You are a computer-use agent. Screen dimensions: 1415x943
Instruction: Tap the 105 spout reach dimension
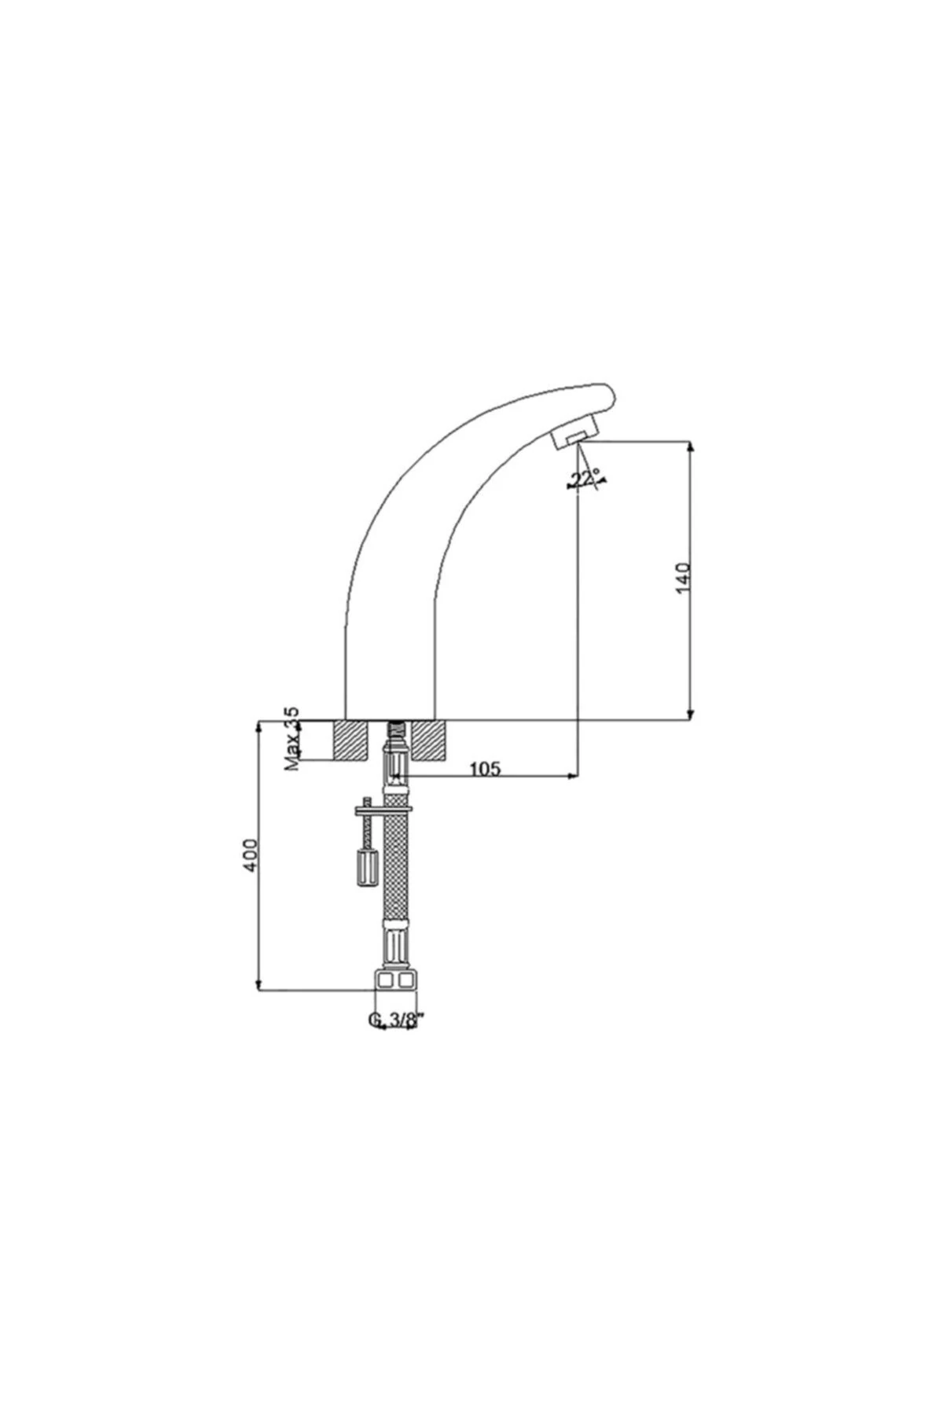pyautogui.click(x=485, y=769)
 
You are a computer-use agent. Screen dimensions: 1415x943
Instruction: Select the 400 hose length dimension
pyautogui.click(x=250, y=854)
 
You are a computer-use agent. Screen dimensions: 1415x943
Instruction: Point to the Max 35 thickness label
pyautogui.click(x=292, y=738)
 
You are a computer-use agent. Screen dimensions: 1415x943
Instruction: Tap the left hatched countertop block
pyautogui.click(x=351, y=741)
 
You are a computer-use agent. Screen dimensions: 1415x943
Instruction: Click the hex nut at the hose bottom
pyautogui.click(x=395, y=981)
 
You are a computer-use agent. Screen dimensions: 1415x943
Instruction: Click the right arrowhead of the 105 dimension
pyautogui.click(x=574, y=777)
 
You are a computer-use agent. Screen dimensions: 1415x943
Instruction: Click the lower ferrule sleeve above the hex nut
pyautogui.click(x=395, y=947)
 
